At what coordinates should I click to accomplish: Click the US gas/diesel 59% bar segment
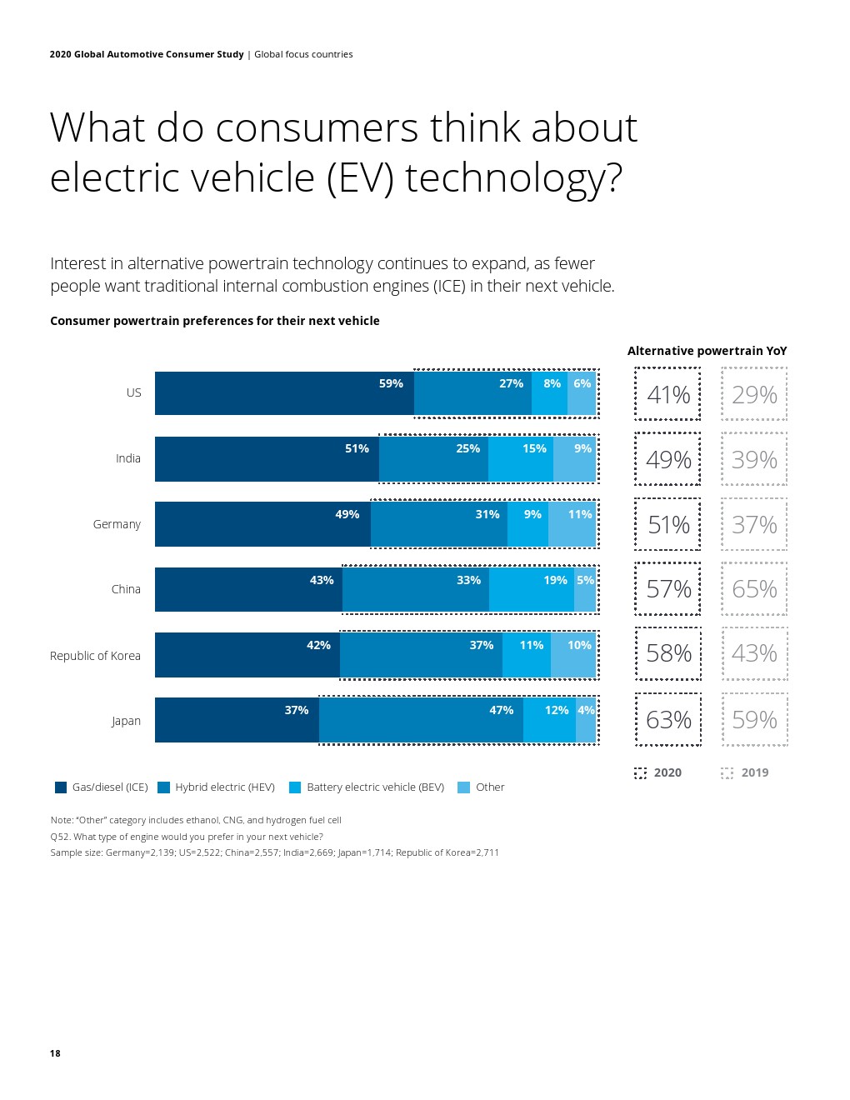(x=284, y=393)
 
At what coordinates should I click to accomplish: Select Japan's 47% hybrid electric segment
(x=421, y=720)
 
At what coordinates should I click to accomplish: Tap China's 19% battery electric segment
(x=531, y=590)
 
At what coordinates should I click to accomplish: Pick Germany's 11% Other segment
(x=572, y=524)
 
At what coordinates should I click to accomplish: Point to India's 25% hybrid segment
(x=433, y=459)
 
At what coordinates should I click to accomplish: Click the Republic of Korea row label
(x=95, y=656)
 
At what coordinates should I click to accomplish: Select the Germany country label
(x=117, y=524)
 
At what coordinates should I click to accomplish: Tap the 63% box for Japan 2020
(x=668, y=719)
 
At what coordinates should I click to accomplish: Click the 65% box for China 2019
(x=754, y=589)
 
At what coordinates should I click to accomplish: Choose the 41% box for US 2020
(x=668, y=394)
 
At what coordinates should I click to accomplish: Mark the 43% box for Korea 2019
(x=754, y=653)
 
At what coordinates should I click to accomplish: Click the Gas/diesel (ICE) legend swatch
(x=61, y=787)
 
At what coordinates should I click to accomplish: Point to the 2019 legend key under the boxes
(x=745, y=772)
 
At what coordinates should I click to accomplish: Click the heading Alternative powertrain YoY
(x=707, y=351)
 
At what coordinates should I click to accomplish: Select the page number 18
(x=55, y=1053)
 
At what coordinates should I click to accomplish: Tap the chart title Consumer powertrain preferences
(x=214, y=321)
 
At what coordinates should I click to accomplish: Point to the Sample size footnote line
(x=274, y=852)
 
